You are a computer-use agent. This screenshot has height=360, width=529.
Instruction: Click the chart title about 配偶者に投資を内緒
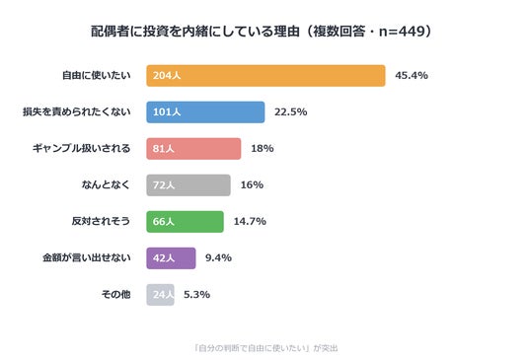pyautogui.click(x=262, y=32)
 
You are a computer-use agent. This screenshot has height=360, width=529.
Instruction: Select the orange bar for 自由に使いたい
pyautogui.click(x=265, y=76)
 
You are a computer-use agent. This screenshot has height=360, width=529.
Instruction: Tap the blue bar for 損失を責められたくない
pyautogui.click(x=205, y=111)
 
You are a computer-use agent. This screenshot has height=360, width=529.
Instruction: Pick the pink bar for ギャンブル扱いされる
pyautogui.click(x=193, y=148)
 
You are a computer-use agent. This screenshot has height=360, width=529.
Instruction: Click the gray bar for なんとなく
pyautogui.click(x=189, y=185)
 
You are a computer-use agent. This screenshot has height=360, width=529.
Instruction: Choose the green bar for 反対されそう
pyautogui.click(x=185, y=222)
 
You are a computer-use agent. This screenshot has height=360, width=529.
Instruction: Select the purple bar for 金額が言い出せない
pyautogui.click(x=171, y=258)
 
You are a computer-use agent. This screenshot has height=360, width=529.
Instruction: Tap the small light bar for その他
pyautogui.click(x=160, y=295)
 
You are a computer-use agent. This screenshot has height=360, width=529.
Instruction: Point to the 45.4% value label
pyautogui.click(x=412, y=75)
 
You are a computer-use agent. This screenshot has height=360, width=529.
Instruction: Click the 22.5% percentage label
pyautogui.click(x=290, y=111)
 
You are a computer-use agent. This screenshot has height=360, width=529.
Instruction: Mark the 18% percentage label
pyautogui.click(x=263, y=148)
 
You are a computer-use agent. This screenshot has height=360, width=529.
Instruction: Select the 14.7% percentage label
pyautogui.click(x=250, y=222)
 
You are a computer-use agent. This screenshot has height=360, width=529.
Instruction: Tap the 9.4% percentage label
pyautogui.click(x=218, y=257)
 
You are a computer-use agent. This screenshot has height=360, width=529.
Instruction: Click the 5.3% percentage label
pyautogui.click(x=196, y=295)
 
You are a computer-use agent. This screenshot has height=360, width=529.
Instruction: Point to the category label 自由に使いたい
pyautogui.click(x=96, y=75)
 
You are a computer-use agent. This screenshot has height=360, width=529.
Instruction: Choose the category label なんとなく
pyautogui.click(x=106, y=184)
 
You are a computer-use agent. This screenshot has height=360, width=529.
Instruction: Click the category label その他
pyautogui.click(x=115, y=295)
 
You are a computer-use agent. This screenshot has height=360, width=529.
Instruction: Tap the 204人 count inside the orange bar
pyautogui.click(x=167, y=76)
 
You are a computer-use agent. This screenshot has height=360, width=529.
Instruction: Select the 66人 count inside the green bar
pyautogui.click(x=163, y=222)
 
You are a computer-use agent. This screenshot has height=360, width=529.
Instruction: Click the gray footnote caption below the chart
pyautogui.click(x=265, y=348)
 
